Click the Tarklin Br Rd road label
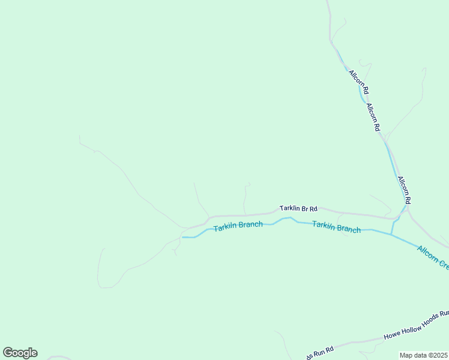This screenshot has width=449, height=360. point(298,208)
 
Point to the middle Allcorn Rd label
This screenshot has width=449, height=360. point(373,117)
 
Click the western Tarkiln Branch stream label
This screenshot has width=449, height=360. point(238,226)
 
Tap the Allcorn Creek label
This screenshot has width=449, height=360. point(433,257)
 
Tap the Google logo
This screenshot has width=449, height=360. point(20,353)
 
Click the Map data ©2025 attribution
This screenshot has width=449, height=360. point(424,355)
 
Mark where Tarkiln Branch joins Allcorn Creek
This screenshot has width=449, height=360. point(392,234)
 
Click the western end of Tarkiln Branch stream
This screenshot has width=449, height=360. point(182,237)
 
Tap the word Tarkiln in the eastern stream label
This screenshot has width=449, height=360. point(323,226)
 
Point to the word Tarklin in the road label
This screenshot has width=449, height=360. point(289,208)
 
